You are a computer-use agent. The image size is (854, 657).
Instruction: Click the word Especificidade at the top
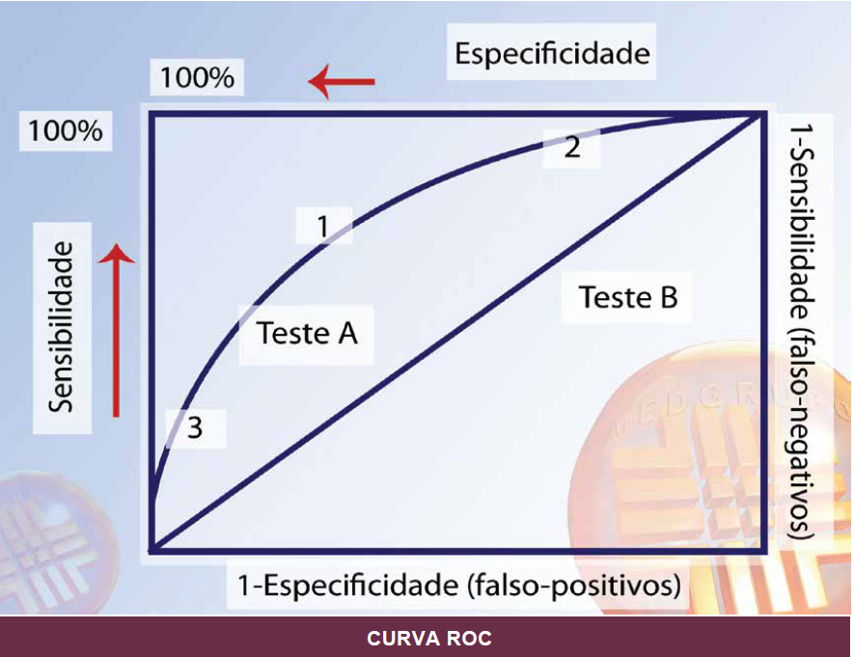tap(552, 53)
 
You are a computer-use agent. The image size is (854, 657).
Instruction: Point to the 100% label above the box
tap(197, 78)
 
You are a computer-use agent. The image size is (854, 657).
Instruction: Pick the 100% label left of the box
tap(65, 130)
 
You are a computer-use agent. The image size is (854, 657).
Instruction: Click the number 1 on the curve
tap(323, 226)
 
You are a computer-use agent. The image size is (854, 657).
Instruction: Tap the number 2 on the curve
tap(571, 149)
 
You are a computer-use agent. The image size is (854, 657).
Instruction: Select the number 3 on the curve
tap(195, 427)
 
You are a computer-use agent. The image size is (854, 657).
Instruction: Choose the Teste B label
tap(628, 296)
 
